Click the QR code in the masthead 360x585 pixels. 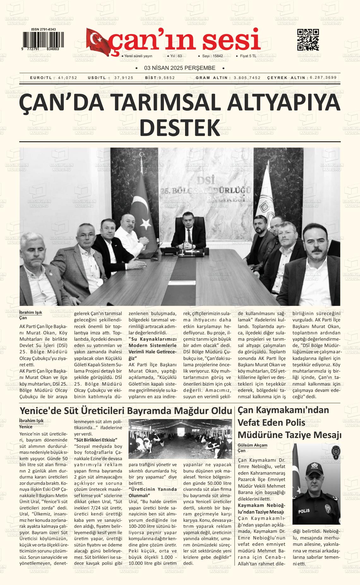308,40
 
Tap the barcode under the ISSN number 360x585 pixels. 40,40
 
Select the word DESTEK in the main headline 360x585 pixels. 180,127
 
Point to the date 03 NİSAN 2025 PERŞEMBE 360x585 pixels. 180,68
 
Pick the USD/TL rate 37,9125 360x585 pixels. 124,78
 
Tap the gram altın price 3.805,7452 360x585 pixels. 247,78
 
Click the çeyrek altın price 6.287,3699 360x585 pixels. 323,78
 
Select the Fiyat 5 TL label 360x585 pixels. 248,56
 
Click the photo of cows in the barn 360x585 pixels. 180,439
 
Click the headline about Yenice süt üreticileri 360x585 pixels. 126,411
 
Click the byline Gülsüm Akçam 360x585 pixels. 252,445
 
